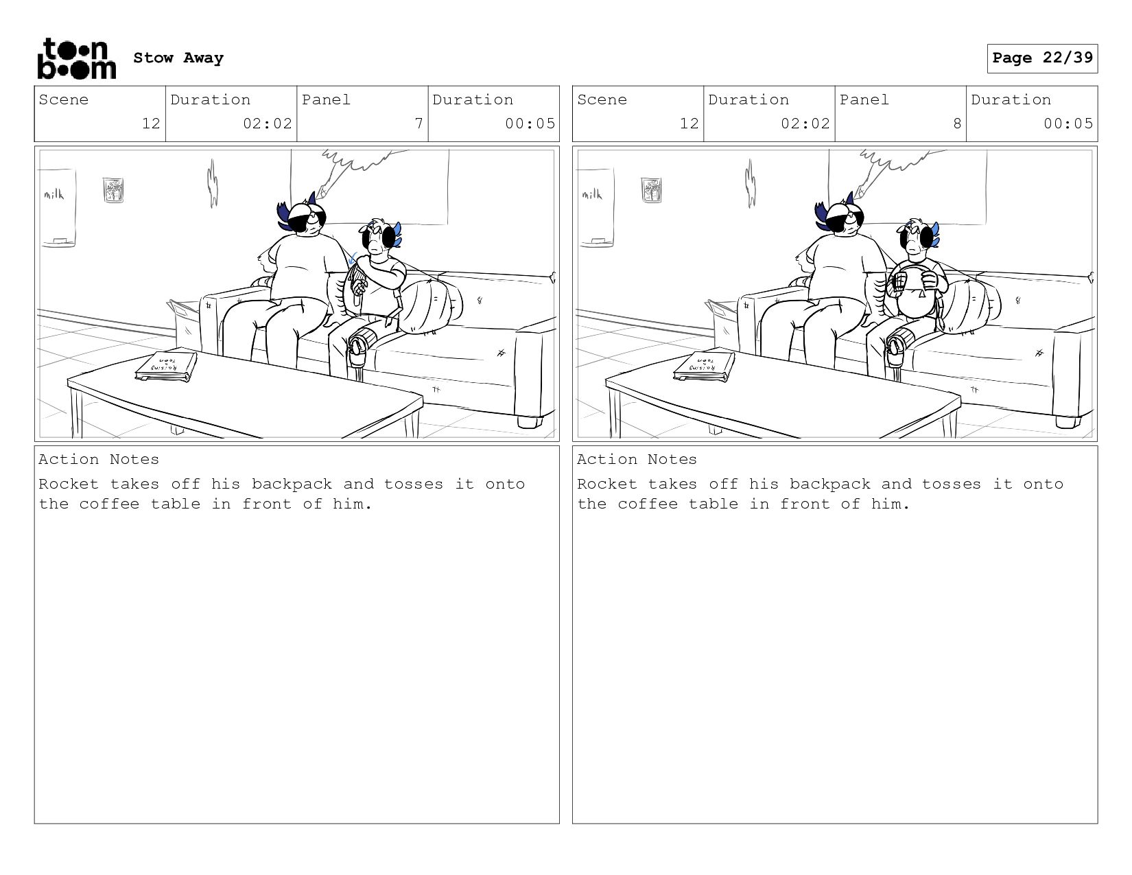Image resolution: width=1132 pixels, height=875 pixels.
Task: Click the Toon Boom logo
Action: [x=77, y=58]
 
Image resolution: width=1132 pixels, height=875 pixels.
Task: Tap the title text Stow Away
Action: [x=178, y=58]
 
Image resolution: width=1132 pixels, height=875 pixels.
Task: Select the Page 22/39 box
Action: [x=1042, y=58]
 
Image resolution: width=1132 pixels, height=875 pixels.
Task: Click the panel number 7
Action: [x=418, y=124]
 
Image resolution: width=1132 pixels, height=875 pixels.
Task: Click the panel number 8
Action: [x=957, y=124]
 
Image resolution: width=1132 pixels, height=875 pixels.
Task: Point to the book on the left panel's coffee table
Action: [x=166, y=367]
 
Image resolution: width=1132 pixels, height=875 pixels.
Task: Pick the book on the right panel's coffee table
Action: [x=705, y=367]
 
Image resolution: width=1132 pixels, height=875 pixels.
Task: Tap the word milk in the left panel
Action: [x=54, y=194]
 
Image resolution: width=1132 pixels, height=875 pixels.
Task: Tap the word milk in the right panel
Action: [x=592, y=194]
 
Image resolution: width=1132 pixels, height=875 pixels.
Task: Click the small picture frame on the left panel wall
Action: [x=113, y=189]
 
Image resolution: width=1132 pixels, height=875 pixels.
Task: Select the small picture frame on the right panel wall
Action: [x=651, y=189]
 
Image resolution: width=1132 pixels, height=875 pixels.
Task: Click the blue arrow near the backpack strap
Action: [x=352, y=259]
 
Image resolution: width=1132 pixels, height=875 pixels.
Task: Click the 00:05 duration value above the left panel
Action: [x=530, y=124]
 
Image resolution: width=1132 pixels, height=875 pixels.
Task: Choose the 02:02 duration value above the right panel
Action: [x=805, y=124]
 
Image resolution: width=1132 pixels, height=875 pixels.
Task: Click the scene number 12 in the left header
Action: [x=151, y=124]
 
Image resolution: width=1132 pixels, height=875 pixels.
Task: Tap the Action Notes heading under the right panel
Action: [x=637, y=459]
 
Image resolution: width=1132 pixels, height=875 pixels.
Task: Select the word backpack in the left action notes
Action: [x=292, y=484]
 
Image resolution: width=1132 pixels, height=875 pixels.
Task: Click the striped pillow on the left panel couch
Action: [x=432, y=306]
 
